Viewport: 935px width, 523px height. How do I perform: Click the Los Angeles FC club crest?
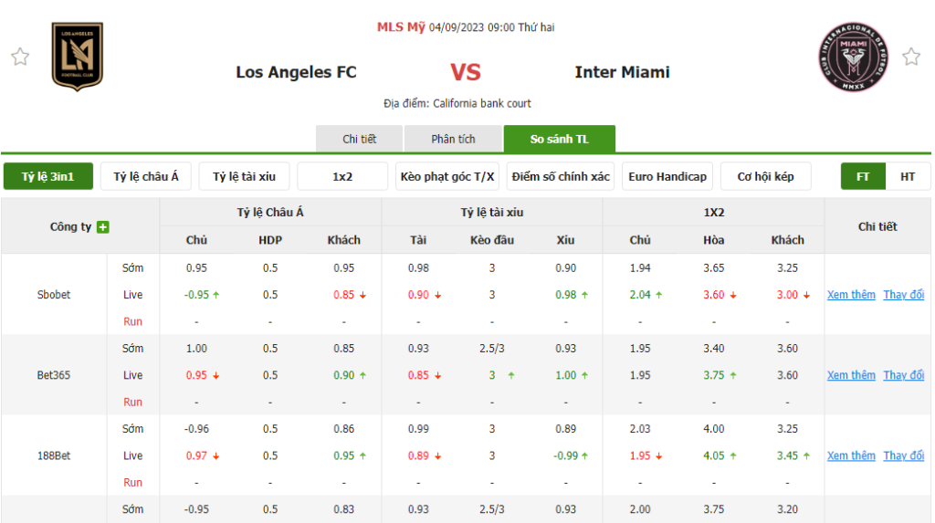click(x=78, y=57)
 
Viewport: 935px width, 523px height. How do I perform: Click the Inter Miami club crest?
click(x=853, y=57)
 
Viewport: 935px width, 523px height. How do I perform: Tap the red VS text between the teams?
click(x=466, y=72)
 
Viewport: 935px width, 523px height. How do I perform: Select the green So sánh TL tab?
click(x=560, y=139)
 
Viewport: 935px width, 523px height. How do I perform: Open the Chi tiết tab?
click(x=360, y=139)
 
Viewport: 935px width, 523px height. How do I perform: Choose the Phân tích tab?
click(x=454, y=139)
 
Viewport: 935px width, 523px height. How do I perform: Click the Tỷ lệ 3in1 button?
click(x=48, y=176)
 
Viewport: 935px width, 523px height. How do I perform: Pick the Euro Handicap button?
click(x=667, y=176)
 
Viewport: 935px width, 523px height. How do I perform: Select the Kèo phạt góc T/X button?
click(x=448, y=176)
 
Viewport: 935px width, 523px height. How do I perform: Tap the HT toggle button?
click(x=908, y=176)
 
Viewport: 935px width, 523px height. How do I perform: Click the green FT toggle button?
click(x=863, y=176)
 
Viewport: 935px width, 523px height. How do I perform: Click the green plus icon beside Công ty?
click(x=103, y=226)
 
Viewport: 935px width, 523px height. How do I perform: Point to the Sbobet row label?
click(x=54, y=295)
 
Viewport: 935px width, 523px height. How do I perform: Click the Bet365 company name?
click(x=54, y=375)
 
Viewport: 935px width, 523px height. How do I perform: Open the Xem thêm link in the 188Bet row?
click(x=851, y=455)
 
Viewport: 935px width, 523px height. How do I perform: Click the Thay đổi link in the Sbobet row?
click(x=903, y=295)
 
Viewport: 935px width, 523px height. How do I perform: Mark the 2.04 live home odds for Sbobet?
click(x=641, y=295)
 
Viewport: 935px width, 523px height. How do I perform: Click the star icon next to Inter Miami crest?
click(x=911, y=57)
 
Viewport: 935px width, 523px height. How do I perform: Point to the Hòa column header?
click(x=713, y=240)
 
